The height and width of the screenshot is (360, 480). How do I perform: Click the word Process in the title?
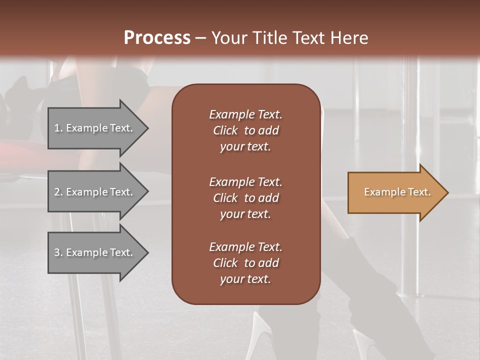point(157,37)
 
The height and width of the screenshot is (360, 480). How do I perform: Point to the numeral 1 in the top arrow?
point(56,128)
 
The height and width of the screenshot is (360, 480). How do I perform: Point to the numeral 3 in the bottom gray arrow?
point(57,252)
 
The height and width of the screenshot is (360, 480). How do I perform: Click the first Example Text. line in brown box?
point(245,114)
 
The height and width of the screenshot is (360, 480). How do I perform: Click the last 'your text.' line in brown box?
point(245,279)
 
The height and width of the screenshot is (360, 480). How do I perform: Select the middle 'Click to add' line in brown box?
point(245,198)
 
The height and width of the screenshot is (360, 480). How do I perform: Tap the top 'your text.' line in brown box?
point(245,146)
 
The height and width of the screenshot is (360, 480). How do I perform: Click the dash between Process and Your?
point(200,38)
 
